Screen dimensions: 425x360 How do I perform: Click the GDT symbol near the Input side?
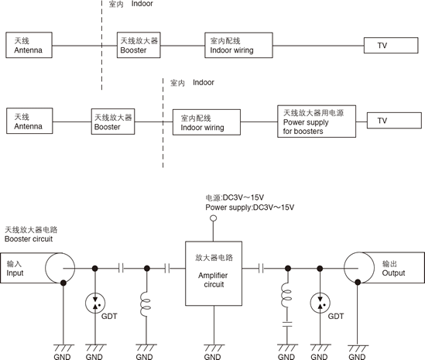point(95,303)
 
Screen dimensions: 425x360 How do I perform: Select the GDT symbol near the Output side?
point(320,303)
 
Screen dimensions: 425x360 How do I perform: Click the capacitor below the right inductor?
point(287,324)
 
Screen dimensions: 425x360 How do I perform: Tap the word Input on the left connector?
point(15,273)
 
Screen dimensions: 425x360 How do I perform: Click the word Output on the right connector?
point(393,273)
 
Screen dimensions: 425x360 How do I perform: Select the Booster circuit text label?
point(29,238)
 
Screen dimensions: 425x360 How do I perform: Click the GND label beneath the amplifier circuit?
point(212,356)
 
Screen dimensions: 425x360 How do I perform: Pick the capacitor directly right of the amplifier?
point(261,269)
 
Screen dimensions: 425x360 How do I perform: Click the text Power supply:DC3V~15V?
point(249,207)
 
